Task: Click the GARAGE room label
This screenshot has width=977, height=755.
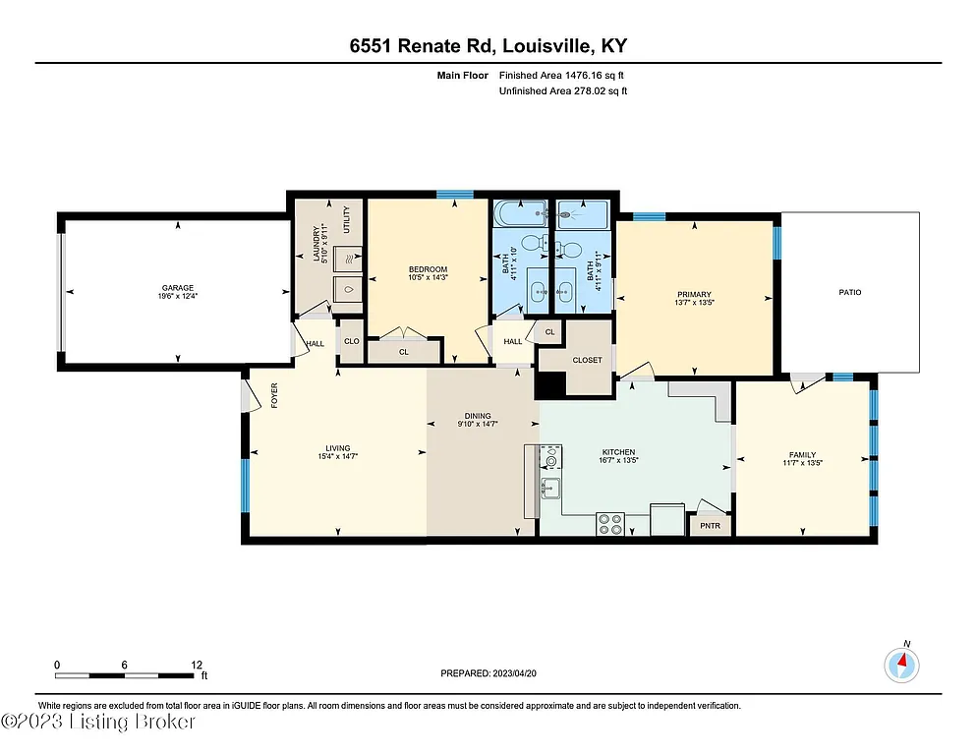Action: point(178,286)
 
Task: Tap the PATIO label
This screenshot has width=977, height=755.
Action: point(850,292)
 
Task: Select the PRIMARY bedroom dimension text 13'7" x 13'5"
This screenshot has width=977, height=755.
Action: point(693,303)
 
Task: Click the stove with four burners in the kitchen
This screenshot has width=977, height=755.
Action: point(609,525)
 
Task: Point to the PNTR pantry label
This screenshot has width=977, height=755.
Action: point(710,526)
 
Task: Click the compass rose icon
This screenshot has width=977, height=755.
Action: point(901,665)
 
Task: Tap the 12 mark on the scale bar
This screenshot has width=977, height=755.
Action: point(197,665)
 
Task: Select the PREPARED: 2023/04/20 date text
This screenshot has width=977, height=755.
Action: point(488,673)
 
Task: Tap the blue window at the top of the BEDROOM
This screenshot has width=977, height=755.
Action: point(454,195)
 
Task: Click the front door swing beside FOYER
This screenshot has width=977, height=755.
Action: point(252,397)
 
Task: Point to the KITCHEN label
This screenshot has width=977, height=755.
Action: point(619,453)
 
